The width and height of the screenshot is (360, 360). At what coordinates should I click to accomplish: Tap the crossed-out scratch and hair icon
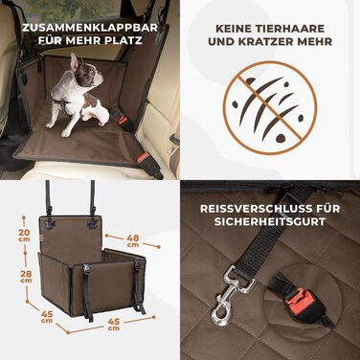pyautogui.click(x=269, y=107)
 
